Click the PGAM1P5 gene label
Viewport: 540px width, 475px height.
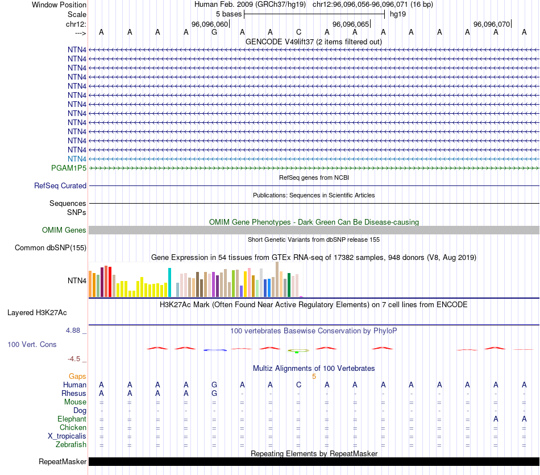(x=69, y=168)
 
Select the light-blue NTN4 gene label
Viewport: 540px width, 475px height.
(x=77, y=159)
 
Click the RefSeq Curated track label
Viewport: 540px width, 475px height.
(x=60, y=185)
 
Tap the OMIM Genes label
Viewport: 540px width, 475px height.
(x=64, y=230)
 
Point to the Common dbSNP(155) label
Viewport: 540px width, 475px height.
(x=51, y=247)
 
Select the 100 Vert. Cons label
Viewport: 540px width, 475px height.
(x=32, y=345)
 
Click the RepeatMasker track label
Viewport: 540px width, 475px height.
(x=63, y=461)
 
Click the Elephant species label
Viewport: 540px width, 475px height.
(x=72, y=419)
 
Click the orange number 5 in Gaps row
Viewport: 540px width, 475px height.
(x=314, y=376)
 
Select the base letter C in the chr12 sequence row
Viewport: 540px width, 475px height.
(x=298, y=32)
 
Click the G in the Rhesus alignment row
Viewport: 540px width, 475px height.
(x=214, y=393)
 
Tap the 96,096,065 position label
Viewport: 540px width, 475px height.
(x=350, y=24)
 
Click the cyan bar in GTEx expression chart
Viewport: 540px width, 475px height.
(x=169, y=282)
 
